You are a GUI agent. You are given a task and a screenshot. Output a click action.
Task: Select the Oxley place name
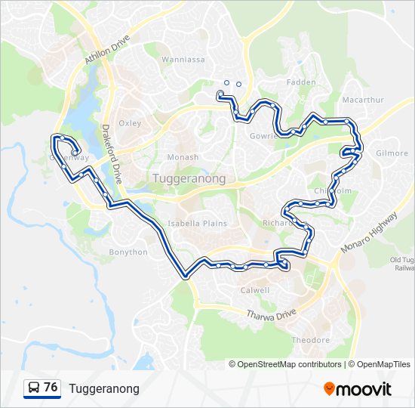coord(130,122)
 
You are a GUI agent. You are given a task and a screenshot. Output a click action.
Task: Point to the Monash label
coord(183,157)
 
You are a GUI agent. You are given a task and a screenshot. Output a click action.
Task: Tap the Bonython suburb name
coord(128,252)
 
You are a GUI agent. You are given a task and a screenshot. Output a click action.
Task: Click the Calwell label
coord(254,290)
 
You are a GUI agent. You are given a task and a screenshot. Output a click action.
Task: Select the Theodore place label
coord(310,340)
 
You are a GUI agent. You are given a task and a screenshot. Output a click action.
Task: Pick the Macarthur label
coord(363,100)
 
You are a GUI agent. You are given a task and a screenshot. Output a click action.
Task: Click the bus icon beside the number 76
coord(34,388)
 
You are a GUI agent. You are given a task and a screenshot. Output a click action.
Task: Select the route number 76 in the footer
coord(51,388)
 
